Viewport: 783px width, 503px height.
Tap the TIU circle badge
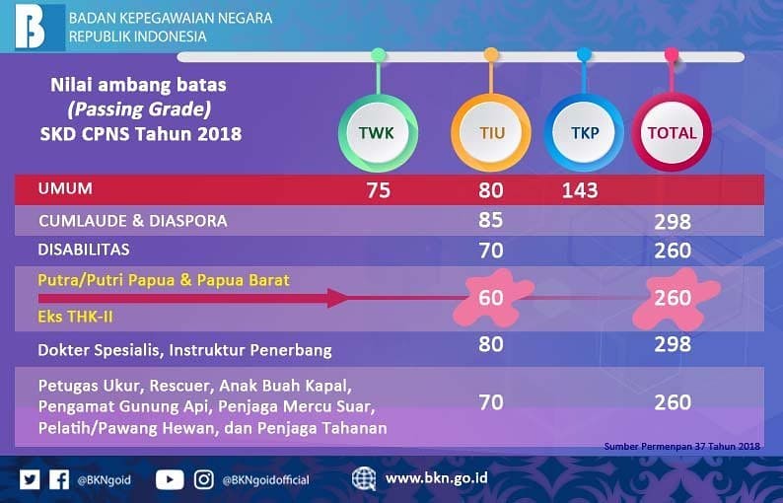pos(490,132)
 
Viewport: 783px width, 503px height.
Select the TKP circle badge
pos(584,132)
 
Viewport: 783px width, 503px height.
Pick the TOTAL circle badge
pos(672,132)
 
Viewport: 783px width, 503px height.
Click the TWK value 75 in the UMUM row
pos(379,190)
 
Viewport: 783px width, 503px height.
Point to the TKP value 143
pos(579,190)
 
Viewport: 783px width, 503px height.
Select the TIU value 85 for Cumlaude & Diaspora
pos(491,220)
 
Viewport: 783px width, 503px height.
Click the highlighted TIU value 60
pos(491,298)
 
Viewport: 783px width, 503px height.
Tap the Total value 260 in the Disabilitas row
pos(673,251)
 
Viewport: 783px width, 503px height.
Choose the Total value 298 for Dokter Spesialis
pos(673,346)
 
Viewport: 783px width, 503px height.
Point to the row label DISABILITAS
pos(84,250)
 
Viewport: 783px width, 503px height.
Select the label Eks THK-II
pos(75,318)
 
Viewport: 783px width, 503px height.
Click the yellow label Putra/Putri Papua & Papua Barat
pos(164,280)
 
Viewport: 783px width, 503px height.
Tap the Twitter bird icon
pos(30,479)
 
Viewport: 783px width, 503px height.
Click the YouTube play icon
pos(170,479)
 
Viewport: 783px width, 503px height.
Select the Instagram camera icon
pos(204,479)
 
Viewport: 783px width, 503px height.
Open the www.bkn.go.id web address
pos(437,478)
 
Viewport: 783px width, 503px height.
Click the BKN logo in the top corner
pos(33,26)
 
